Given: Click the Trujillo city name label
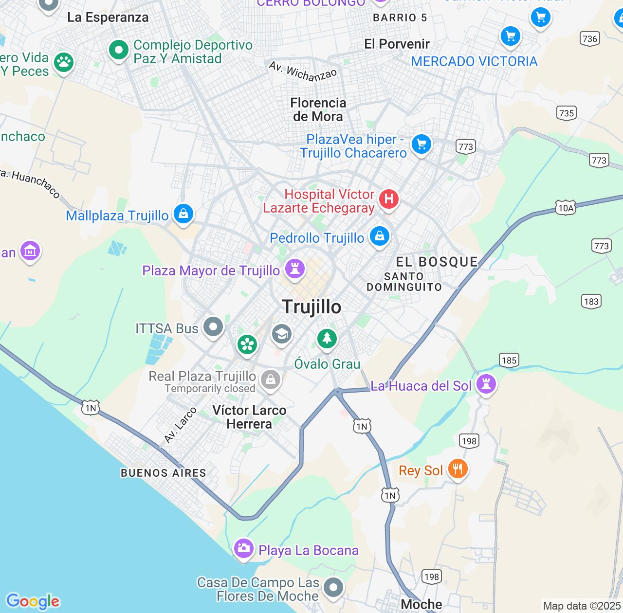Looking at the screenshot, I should tap(311, 307).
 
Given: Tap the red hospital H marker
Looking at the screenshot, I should tap(388, 199).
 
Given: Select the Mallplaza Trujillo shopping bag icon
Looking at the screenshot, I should tap(183, 214).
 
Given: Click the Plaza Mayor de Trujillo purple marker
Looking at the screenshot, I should tap(294, 268).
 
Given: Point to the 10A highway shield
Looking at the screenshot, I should tap(566, 208).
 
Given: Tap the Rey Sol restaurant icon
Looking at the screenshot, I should tap(458, 469).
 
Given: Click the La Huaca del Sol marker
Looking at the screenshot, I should tap(486, 384).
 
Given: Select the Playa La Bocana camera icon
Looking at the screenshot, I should tap(243, 548).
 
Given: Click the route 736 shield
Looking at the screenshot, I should tap(590, 39).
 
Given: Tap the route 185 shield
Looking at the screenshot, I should tap(509, 361).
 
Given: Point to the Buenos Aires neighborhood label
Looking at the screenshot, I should tap(164, 473).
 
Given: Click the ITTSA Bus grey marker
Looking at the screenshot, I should tap(213, 326).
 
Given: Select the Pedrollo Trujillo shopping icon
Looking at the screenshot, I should tap(380, 236).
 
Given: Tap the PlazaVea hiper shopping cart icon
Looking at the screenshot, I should tap(421, 144).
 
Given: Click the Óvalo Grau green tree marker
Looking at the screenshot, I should tap(327, 338).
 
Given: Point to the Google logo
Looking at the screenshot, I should tap(33, 601).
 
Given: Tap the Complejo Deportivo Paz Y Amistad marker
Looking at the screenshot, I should tap(118, 50).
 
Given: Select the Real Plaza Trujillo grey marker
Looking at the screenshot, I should tap(271, 379).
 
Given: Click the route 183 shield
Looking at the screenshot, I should tap(591, 302).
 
